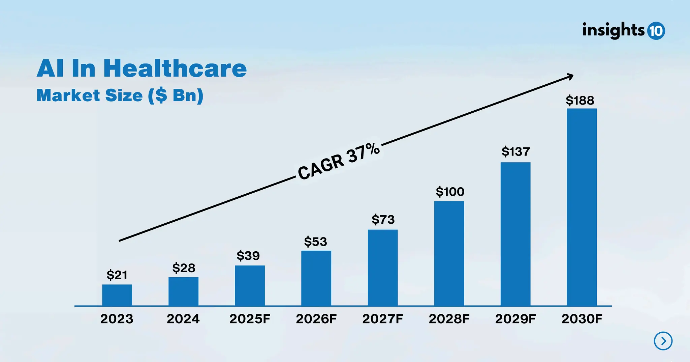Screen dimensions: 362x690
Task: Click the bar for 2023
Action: pyautogui.click(x=117, y=295)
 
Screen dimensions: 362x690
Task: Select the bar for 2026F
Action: pyautogui.click(x=316, y=278)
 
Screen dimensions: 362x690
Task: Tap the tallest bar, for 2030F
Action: pyautogui.click(x=582, y=207)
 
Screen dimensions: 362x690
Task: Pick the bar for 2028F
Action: pyautogui.click(x=449, y=253)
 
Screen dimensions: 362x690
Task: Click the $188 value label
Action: pyautogui.click(x=580, y=101)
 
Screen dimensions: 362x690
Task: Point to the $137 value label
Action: pyautogui.click(x=515, y=152)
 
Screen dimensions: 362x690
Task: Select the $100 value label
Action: pyautogui.click(x=450, y=192)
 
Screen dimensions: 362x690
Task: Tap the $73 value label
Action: pyautogui.click(x=383, y=220)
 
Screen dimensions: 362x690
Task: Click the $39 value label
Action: pyautogui.click(x=248, y=256)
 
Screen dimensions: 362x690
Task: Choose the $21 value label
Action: pyautogui.click(x=117, y=275)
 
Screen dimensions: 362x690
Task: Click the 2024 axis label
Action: pyautogui.click(x=183, y=319)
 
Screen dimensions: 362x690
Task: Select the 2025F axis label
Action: pyautogui.click(x=250, y=319)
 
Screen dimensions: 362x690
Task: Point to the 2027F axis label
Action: pyautogui.click(x=382, y=319)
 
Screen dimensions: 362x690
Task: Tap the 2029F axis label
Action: pyautogui.click(x=515, y=319)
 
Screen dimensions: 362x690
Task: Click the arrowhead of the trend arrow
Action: pyautogui.click(x=570, y=77)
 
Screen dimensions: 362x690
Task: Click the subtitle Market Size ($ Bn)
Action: pyautogui.click(x=120, y=95)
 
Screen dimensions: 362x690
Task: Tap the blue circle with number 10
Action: pyautogui.click(x=656, y=31)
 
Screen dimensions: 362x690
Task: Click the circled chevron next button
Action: pyautogui.click(x=663, y=341)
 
